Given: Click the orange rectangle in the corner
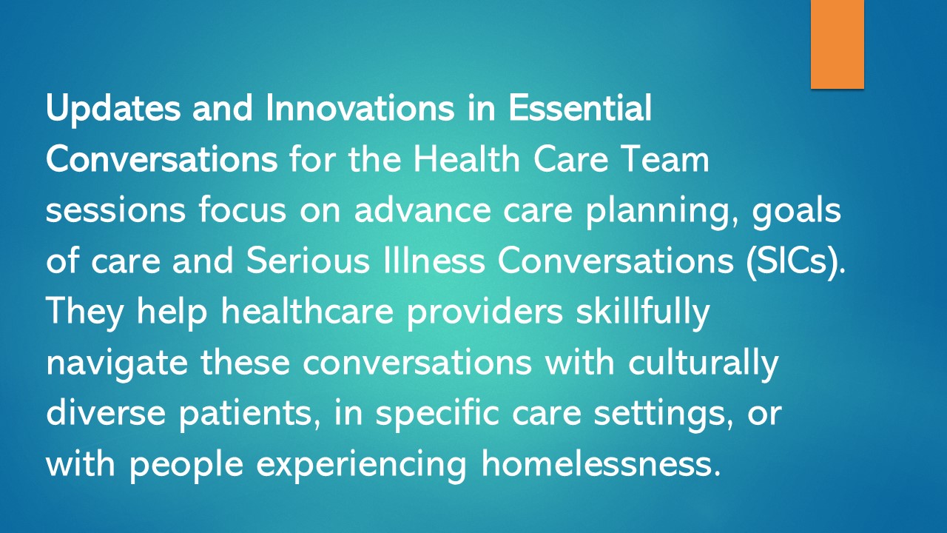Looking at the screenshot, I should [838, 44].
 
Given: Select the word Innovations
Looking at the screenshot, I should [360, 109].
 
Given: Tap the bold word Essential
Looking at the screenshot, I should [580, 109].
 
